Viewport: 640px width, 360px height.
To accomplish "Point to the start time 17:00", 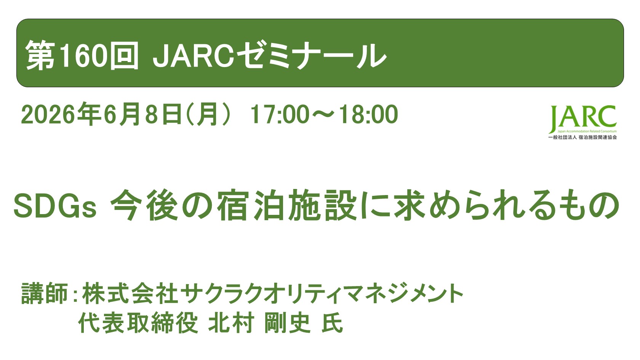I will point(280,115).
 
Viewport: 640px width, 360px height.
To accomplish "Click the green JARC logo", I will point(582,118).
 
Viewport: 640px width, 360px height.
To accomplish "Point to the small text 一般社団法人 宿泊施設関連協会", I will point(582,138).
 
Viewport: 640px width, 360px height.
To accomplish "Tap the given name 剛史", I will point(287,323).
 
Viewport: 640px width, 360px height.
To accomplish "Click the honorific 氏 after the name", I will point(332,323).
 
